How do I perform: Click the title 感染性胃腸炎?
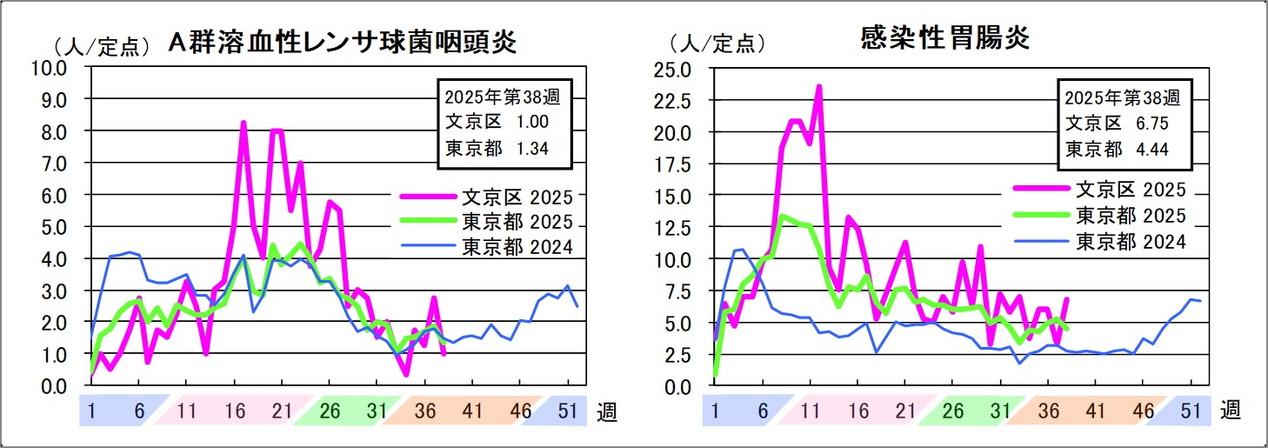pyautogui.click(x=944, y=38)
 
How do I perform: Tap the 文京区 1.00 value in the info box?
pyautogui.click(x=496, y=122)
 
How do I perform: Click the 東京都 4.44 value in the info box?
pyautogui.click(x=1118, y=150)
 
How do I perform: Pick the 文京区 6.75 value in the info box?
pyautogui.click(x=1118, y=123)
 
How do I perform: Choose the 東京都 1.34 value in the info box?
pyautogui.click(x=496, y=149)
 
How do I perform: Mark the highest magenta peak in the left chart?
pyautogui.click(x=244, y=123)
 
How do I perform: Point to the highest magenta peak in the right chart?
pyautogui.click(x=818, y=86)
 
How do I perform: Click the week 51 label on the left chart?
pyautogui.click(x=568, y=410)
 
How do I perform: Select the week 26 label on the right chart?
pyautogui.click(x=953, y=410)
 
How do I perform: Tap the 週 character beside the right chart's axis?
pyautogui.click(x=1230, y=410)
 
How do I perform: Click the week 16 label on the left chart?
pyautogui.click(x=233, y=410)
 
